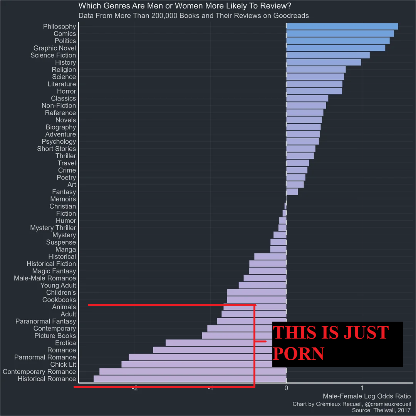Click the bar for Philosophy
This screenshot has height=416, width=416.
[x=342, y=26]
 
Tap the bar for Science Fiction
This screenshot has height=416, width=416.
[x=328, y=55]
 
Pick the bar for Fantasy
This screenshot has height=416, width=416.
[x=292, y=192]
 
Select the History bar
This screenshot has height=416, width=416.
[x=324, y=62]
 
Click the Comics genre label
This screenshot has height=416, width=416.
[x=65, y=34]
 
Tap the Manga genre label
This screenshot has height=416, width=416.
[x=65, y=249]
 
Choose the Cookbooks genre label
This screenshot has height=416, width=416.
[x=59, y=300]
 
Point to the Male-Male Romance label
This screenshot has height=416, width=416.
[x=45, y=278]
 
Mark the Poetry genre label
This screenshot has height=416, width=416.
[x=66, y=177]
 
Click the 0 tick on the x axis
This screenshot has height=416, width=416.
[x=286, y=388]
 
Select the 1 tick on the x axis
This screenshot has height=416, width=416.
[x=362, y=388]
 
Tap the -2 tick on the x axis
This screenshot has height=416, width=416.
[x=134, y=388]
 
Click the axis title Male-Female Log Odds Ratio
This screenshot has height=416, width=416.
[x=366, y=396]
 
